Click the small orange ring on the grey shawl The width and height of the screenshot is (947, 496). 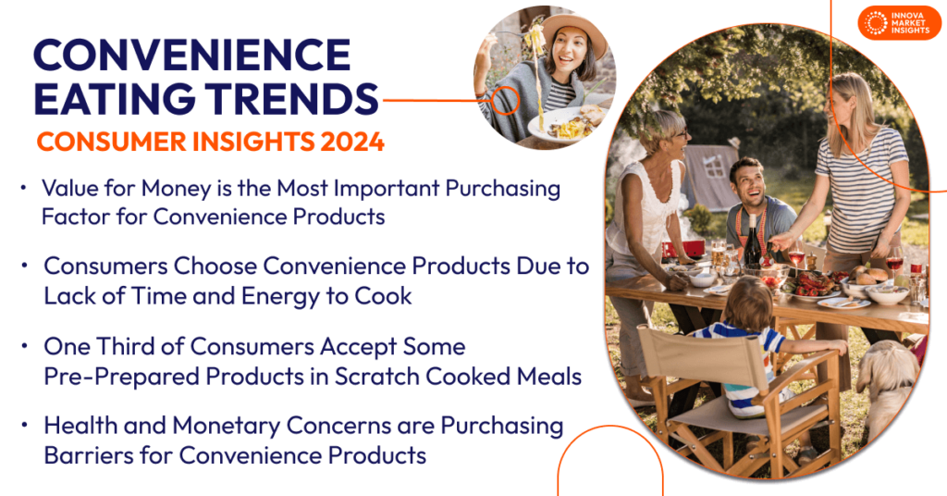pyautogui.click(x=505, y=100)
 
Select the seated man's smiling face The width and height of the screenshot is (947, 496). pyautogui.click(x=747, y=181)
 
